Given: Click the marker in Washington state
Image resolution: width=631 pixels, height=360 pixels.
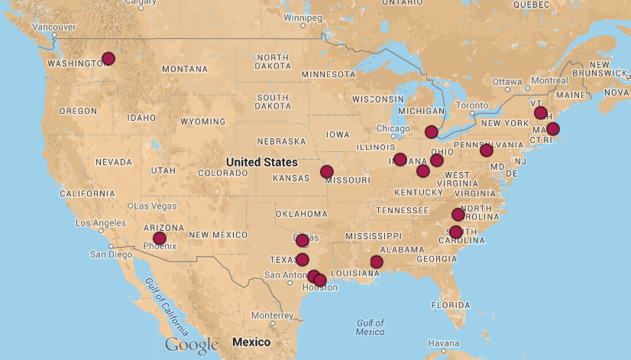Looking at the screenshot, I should (108, 58).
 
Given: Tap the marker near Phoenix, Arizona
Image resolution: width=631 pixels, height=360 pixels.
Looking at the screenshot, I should (159, 238).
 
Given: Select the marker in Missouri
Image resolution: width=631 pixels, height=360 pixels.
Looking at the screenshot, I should (326, 171).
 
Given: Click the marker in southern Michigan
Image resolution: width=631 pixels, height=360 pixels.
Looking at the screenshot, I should (432, 131).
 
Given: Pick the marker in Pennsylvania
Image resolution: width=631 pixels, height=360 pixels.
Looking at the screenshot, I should (487, 150).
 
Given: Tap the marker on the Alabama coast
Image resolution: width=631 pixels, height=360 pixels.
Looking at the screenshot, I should (377, 262).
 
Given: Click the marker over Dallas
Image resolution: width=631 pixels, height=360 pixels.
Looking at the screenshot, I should (303, 241).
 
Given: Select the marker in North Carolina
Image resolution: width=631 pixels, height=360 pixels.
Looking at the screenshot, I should (458, 214).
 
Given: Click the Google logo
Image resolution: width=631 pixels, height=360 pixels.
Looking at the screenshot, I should (192, 345).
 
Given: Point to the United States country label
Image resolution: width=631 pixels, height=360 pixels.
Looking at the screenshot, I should (262, 162).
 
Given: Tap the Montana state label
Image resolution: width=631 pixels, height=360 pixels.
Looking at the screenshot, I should (184, 70).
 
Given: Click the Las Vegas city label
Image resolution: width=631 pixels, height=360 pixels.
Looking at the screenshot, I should (155, 206).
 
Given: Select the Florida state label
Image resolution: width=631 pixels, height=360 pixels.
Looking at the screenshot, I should (450, 304).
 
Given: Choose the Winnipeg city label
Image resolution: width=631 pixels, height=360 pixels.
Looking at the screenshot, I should (303, 17).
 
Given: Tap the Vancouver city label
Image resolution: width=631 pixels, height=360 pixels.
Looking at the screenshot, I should (53, 27).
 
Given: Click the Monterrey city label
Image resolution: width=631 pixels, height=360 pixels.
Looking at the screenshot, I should (272, 315).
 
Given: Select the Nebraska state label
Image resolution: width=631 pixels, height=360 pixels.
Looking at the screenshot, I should (281, 141).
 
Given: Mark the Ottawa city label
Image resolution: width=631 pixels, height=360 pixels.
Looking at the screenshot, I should (506, 81).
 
